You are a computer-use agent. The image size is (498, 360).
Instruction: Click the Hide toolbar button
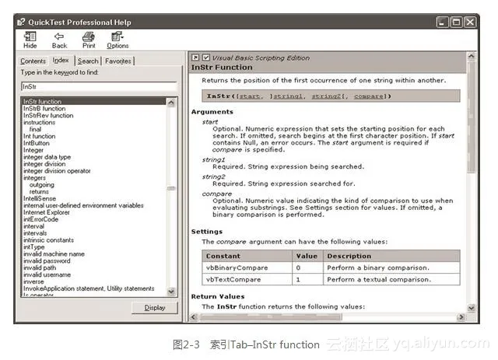tap(30, 40)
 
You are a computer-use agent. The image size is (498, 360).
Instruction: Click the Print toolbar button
tap(89, 40)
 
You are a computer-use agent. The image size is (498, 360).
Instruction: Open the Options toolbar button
tap(117, 40)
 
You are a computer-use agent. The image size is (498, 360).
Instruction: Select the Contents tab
tap(33, 61)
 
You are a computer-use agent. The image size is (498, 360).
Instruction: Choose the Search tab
tap(88, 61)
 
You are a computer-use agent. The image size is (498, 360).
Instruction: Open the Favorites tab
tap(118, 61)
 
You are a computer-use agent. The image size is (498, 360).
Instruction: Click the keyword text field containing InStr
tap(99, 86)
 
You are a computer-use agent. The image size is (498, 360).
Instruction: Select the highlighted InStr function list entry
tap(43, 101)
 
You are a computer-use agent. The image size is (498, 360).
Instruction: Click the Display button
tap(155, 307)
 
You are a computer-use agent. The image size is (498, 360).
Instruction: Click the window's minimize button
tap(443, 23)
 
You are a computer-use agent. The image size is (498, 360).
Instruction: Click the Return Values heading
tap(218, 296)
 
